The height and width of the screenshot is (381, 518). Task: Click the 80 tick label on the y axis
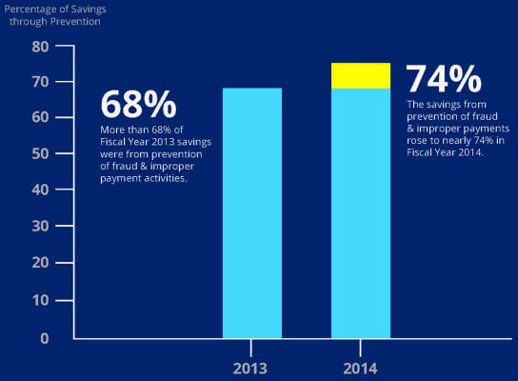(x=40, y=47)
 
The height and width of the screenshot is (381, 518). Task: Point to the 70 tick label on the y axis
(x=40, y=82)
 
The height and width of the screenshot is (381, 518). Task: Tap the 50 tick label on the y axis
(x=40, y=153)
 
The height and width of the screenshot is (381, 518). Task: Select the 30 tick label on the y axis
(x=40, y=226)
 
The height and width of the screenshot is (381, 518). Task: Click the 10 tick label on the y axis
(x=41, y=300)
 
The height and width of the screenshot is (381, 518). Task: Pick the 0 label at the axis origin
(x=45, y=338)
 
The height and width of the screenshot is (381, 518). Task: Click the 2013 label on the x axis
(x=250, y=369)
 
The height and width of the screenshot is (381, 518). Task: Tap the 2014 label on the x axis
(x=360, y=369)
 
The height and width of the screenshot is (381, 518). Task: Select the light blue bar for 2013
(x=252, y=213)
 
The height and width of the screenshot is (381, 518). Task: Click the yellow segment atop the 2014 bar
(x=361, y=75)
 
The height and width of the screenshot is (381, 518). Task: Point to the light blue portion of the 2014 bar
(x=361, y=213)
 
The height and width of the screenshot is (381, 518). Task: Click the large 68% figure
(x=138, y=105)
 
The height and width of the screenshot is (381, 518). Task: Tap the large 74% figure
(x=444, y=79)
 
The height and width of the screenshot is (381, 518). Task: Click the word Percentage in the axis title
(x=28, y=10)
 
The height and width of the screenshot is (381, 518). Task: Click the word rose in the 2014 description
(x=416, y=141)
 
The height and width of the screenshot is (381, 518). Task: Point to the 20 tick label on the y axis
(x=40, y=263)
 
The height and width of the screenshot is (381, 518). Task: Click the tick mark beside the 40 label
(x=65, y=190)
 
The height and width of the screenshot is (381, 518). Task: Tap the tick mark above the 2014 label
(x=361, y=348)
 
